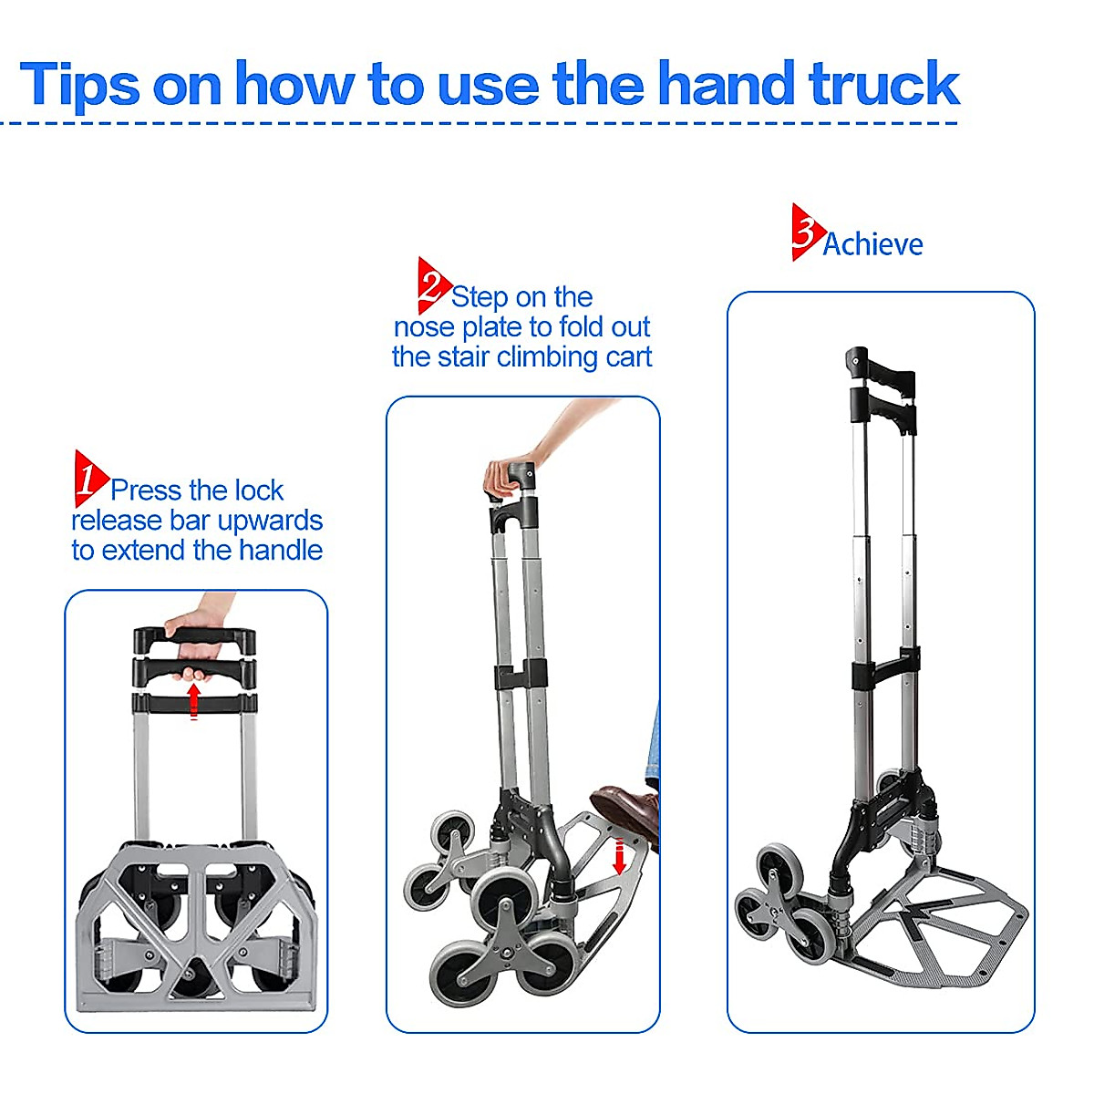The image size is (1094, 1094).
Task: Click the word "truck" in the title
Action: click(883, 84)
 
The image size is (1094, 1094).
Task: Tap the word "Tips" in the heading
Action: click(80, 86)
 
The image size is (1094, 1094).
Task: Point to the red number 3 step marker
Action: click(805, 232)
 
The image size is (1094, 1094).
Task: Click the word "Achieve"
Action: click(872, 244)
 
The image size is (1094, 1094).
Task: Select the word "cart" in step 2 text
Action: click(628, 357)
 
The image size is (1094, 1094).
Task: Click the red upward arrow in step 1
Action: click(193, 700)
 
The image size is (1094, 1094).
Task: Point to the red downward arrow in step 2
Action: click(619, 856)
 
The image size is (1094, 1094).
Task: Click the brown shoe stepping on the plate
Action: click(627, 810)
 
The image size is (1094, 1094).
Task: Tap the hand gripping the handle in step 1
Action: click(194, 643)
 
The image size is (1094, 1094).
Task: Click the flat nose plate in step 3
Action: click(939, 930)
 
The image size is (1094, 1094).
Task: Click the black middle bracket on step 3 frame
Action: click(884, 671)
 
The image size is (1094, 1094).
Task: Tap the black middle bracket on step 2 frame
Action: click(521, 676)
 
